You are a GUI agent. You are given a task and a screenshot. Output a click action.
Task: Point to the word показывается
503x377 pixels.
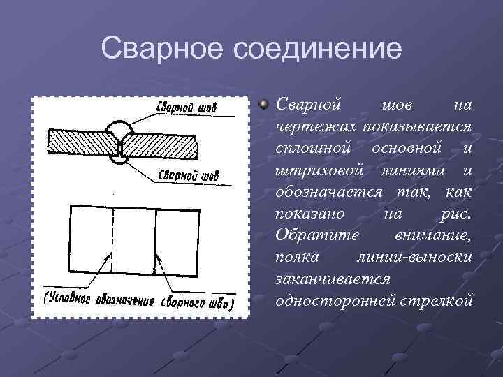point(420,126)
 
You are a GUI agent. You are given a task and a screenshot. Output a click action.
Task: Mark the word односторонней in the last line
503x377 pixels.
point(336,301)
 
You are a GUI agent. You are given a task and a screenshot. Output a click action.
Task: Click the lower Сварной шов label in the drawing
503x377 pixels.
point(184,175)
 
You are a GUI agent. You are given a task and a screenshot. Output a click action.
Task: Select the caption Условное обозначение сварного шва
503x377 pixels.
point(139,302)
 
